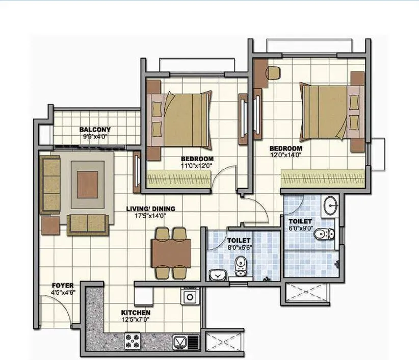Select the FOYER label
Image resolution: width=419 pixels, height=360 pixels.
click(x=63, y=285)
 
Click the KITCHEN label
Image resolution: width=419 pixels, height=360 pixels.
click(x=135, y=312)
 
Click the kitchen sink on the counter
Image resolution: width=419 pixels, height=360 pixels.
click(x=179, y=341)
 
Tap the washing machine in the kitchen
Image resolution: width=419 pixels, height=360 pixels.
click(x=191, y=296)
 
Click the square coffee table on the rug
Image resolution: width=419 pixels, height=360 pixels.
click(x=85, y=184)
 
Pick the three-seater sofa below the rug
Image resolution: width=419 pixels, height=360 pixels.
click(x=88, y=223)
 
